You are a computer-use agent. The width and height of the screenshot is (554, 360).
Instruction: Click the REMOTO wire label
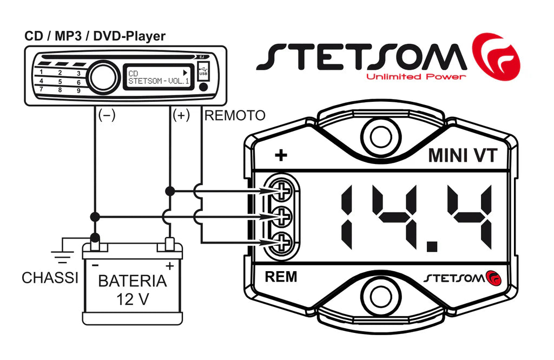tap(235, 115)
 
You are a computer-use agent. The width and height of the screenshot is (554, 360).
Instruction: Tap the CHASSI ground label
tap(50, 278)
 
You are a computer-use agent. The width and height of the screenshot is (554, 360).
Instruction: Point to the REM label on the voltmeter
tap(281, 277)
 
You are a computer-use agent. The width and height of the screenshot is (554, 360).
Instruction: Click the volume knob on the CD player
tap(104, 76)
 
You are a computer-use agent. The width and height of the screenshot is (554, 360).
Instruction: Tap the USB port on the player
tap(203, 71)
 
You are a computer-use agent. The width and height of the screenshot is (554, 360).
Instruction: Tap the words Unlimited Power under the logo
tap(415, 77)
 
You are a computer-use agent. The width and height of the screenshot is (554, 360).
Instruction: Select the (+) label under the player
tap(181, 115)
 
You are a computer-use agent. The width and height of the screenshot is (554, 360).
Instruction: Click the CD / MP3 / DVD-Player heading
tap(95, 36)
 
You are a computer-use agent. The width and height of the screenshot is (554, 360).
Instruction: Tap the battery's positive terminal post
tap(169, 245)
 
